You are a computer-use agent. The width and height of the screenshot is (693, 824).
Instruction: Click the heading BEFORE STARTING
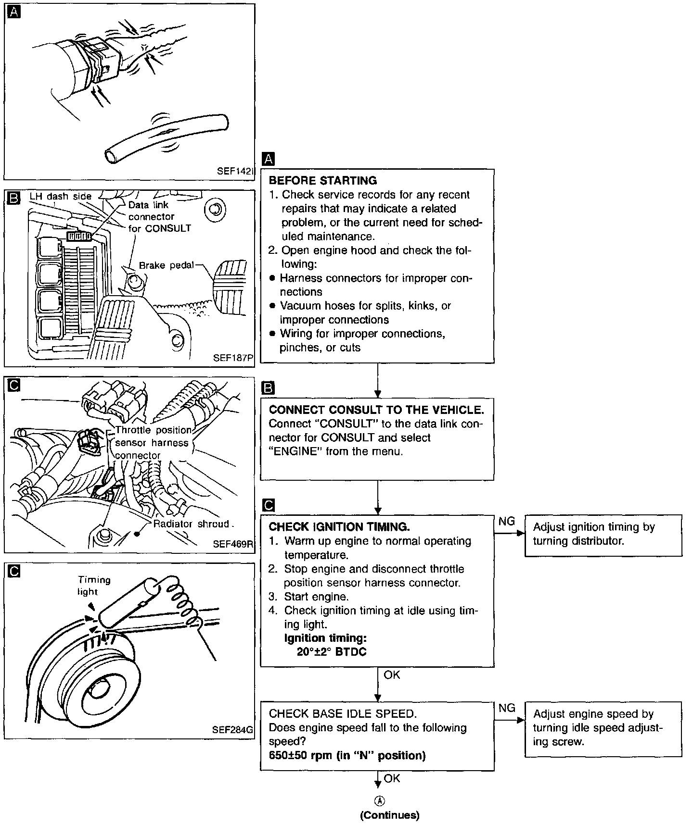[322, 181]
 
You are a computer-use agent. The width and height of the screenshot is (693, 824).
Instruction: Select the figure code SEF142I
[235, 172]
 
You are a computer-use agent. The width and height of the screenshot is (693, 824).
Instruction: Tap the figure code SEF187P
[233, 358]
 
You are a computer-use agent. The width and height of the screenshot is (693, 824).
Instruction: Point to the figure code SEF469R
[233, 544]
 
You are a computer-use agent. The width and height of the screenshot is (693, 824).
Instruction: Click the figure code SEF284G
[232, 729]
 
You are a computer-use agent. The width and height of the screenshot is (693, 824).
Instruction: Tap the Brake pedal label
[166, 265]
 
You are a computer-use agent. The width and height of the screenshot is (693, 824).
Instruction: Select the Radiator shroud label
[191, 524]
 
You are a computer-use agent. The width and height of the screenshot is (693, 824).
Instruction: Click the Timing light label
[94, 586]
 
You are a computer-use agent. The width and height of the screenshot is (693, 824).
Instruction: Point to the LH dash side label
[60, 196]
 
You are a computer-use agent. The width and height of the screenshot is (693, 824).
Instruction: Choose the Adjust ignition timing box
[603, 535]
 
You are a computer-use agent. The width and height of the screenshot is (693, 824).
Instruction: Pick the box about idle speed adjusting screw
[603, 729]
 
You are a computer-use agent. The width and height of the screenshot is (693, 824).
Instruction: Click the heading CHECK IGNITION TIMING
[339, 527]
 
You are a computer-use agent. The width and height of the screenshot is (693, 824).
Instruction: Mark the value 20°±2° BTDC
[332, 652]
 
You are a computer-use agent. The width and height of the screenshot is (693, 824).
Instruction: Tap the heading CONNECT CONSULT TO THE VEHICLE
[376, 410]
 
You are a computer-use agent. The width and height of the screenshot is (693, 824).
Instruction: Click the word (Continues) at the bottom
[389, 815]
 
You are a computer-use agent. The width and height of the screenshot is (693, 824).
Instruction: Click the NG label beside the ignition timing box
[506, 521]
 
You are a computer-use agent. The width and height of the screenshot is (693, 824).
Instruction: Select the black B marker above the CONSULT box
[268, 388]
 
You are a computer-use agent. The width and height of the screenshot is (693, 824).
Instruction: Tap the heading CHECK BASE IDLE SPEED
[343, 714]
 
